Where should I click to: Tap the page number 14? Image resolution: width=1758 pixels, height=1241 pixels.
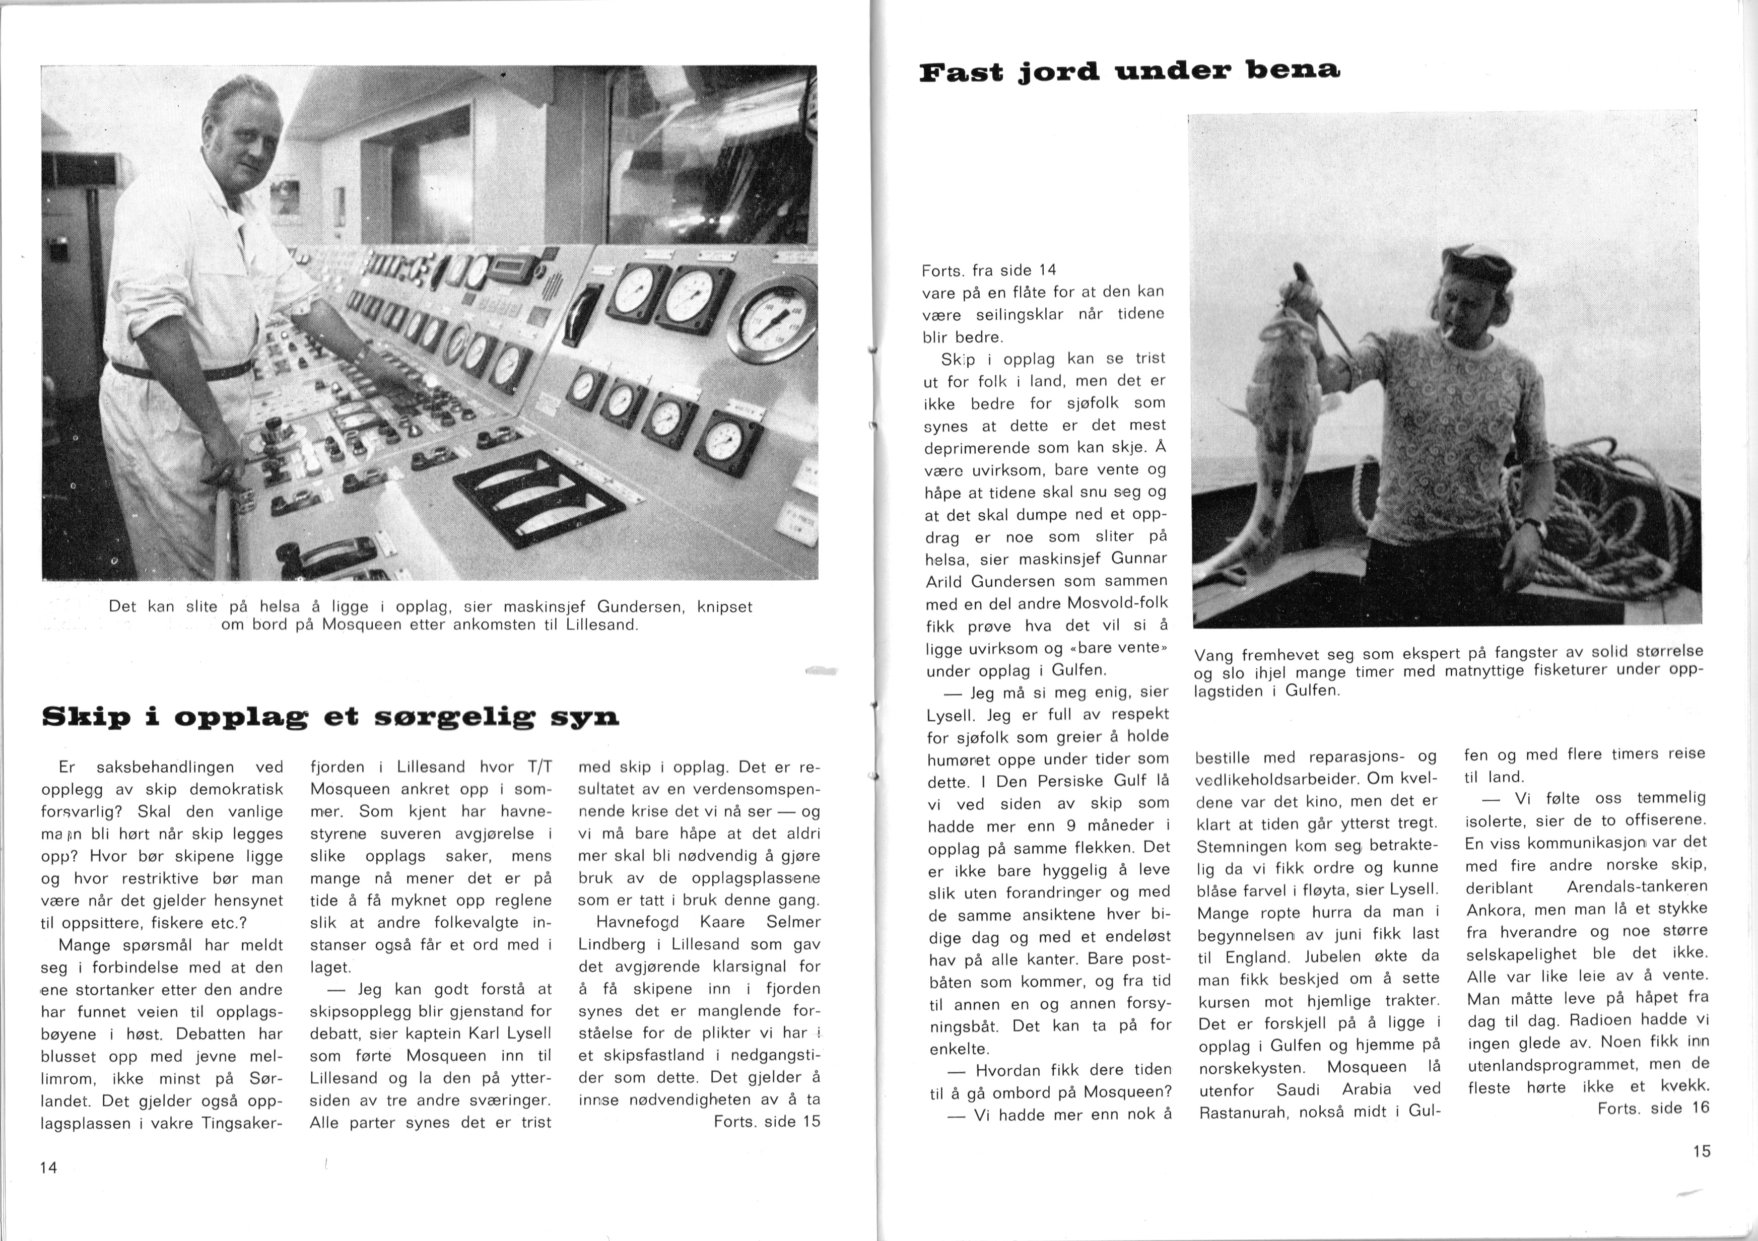click(x=48, y=1167)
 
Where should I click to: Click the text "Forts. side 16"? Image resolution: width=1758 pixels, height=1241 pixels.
click(x=1653, y=1108)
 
